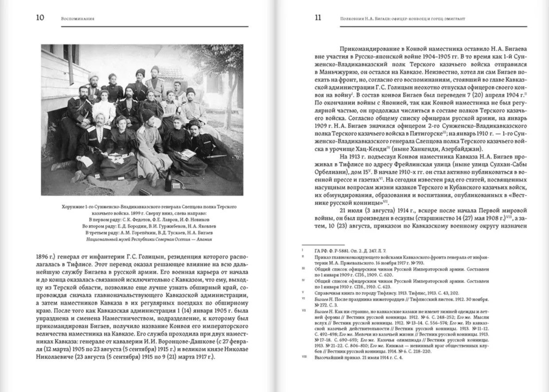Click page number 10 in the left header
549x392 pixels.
pos(39,18)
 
